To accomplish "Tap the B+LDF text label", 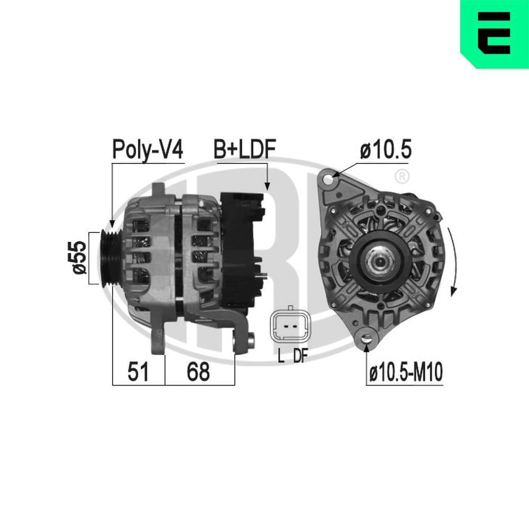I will (244, 150).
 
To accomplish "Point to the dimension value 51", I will (138, 372).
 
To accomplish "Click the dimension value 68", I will (198, 372).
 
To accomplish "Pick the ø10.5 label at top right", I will (386, 150).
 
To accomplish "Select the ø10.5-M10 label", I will (405, 373).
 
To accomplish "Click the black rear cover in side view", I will (241, 249).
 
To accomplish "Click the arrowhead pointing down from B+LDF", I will (267, 185).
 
